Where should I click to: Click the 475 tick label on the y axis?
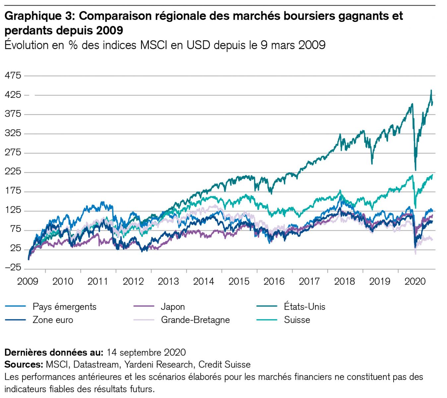tap(13, 75)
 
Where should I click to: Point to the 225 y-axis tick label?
tap(13, 171)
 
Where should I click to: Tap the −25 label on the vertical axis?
tap(13, 267)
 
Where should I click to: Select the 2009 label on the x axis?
tap(28, 282)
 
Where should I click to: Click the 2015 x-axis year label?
tap(239, 282)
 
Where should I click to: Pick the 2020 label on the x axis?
tap(415, 282)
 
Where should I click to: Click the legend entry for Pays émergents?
tap(64, 307)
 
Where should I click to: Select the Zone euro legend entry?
tap(53, 320)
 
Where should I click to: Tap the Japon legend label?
tap(173, 307)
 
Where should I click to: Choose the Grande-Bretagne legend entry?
tap(195, 320)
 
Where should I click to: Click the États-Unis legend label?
tap(304, 307)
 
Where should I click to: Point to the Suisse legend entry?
tap(297, 320)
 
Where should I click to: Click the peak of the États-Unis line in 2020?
tap(431, 90)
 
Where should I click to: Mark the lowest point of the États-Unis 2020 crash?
tap(415, 170)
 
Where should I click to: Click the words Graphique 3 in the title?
tap(39, 16)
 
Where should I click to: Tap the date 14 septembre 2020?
tap(146, 352)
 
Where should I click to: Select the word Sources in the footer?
tap(23, 365)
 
